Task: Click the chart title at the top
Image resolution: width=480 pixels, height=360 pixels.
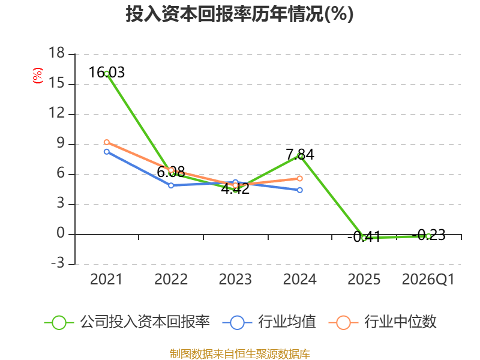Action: [239, 14]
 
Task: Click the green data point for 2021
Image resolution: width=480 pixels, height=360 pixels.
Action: [107, 73]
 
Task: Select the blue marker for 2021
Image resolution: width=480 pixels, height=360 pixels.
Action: [107, 152]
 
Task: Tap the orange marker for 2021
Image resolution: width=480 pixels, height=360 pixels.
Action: [107, 142]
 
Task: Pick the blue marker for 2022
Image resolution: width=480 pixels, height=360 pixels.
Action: [171, 185]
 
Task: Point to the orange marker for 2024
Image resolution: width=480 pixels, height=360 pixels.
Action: [299, 178]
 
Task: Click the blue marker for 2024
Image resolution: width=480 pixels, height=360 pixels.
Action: [299, 190]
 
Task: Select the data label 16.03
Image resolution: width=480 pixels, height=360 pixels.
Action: [107, 73]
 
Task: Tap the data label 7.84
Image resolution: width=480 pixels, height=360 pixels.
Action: [300, 154]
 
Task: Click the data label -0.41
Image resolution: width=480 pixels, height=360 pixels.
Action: [364, 236]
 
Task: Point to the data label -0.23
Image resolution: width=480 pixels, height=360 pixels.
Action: [428, 235]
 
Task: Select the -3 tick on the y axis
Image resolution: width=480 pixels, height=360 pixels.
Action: [58, 263]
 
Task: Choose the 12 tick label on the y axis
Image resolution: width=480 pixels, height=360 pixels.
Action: [56, 113]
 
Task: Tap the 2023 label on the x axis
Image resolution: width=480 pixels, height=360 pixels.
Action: [235, 279]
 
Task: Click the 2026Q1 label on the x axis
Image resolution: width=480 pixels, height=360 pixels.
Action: [428, 279]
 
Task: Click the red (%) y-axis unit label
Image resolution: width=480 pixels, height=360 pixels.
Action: [38, 76]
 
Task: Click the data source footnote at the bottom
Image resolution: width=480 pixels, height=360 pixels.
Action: [239, 354]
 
